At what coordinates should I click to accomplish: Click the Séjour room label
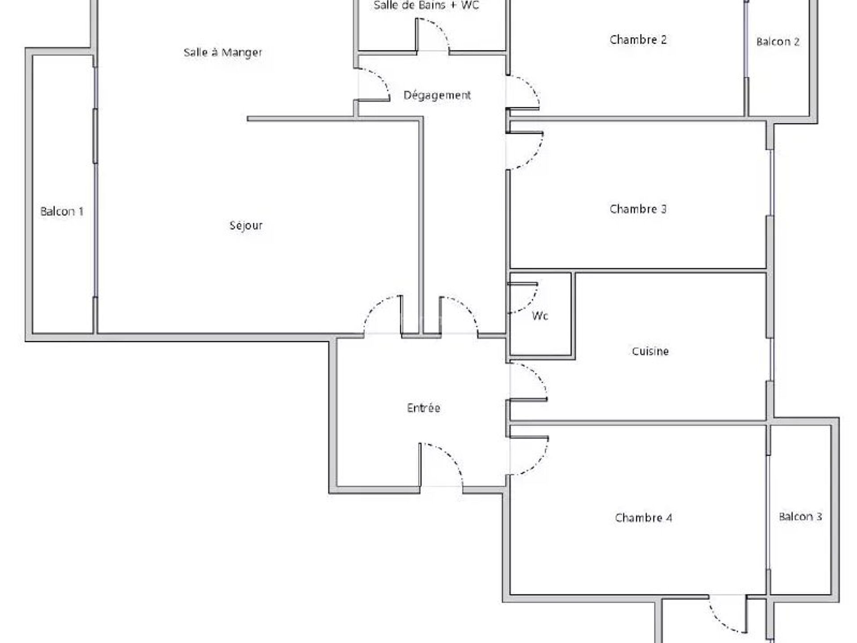(x=246, y=225)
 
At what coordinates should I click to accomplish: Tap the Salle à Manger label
(x=223, y=52)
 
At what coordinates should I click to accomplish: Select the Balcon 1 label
(x=62, y=211)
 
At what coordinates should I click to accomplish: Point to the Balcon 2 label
(x=778, y=42)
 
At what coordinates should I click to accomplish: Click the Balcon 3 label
(x=800, y=517)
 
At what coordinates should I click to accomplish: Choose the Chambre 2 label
(x=638, y=39)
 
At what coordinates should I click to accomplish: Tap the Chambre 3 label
(x=638, y=209)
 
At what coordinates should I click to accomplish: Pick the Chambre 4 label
(x=643, y=518)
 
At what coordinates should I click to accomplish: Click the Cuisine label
(x=650, y=351)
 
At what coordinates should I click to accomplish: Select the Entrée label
(x=424, y=408)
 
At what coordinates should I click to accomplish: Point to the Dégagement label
(x=437, y=95)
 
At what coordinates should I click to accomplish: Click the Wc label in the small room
(x=540, y=316)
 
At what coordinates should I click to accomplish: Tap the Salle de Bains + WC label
(x=426, y=5)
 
